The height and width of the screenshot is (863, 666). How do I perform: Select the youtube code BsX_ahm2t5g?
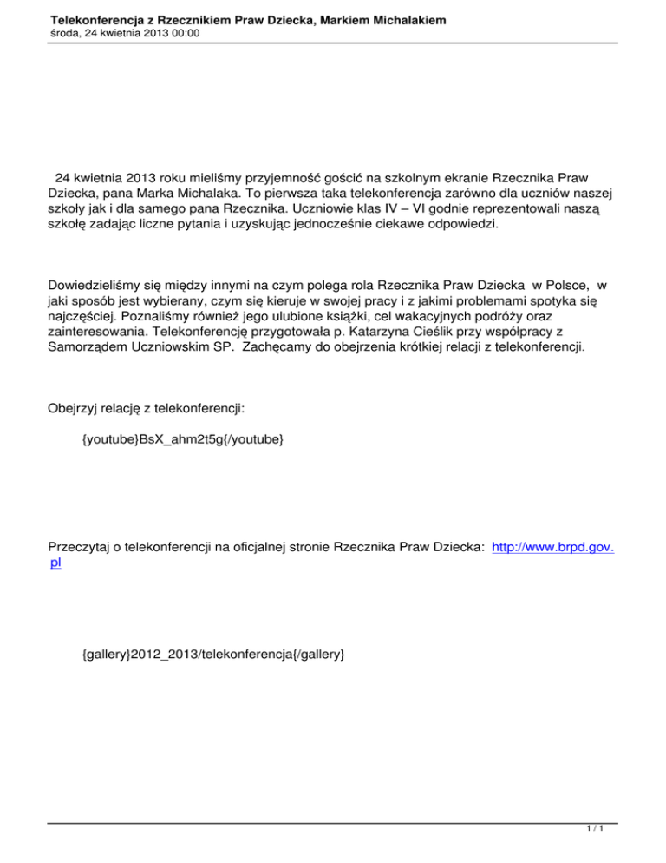coord(181,440)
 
